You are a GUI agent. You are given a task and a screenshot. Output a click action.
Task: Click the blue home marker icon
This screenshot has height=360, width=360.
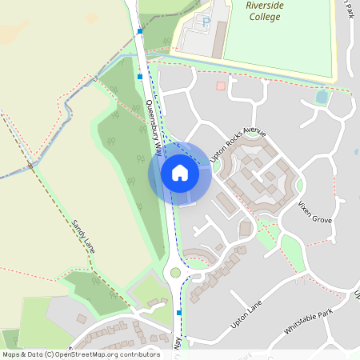180,172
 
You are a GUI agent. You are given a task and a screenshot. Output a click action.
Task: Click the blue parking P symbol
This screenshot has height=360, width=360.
205,22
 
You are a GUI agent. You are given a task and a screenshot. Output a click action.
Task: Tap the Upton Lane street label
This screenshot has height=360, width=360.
246,314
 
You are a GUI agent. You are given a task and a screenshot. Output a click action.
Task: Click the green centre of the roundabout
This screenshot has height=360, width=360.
175,273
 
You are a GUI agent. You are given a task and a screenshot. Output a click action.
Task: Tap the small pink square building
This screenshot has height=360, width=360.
221,86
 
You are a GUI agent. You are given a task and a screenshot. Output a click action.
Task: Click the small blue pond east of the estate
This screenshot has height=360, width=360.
322,98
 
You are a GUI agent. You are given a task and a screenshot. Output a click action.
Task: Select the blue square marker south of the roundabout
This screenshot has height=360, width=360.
179,313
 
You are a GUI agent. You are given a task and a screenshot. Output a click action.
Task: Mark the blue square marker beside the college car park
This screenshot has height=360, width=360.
139,31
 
